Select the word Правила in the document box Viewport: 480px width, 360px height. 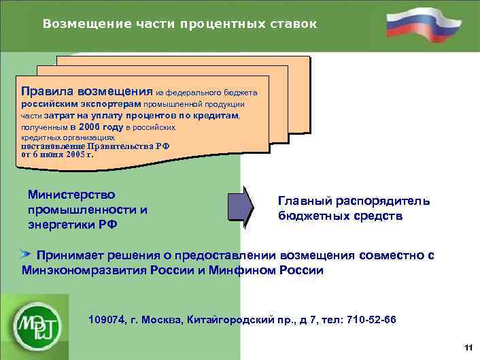tap(48, 91)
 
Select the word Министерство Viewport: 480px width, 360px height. tap(71, 195)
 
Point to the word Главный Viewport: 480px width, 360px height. tap(305, 201)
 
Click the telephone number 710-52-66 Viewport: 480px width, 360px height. tap(371, 320)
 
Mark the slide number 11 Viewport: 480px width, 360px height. tap(468, 348)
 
